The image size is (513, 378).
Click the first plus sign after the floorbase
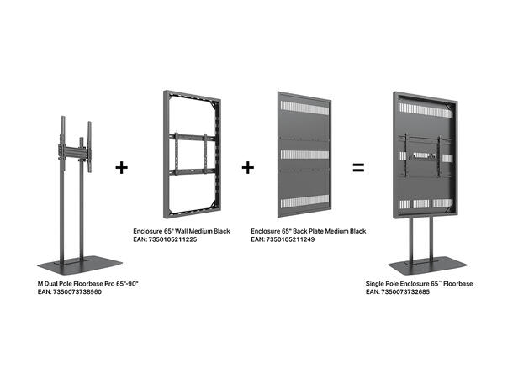[122, 167]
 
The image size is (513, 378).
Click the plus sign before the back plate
[248, 167]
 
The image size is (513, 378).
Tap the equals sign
[358, 167]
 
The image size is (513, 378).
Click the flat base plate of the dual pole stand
[79, 265]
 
